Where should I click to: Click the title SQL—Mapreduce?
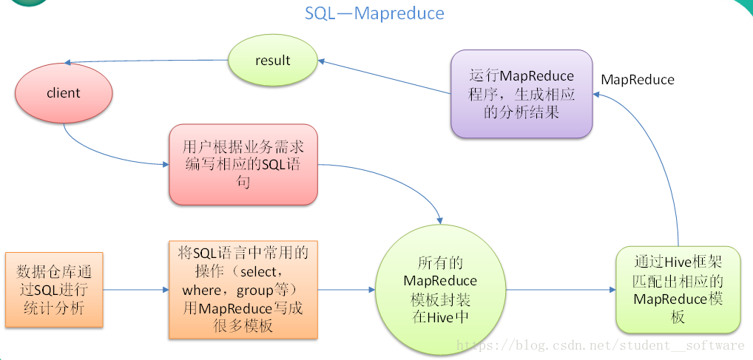tap(374, 13)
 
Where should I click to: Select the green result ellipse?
tap(273, 61)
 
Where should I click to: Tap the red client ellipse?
tap(64, 93)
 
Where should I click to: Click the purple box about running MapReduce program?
tap(521, 94)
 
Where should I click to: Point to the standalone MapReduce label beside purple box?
tap(638, 80)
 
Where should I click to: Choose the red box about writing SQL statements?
tap(243, 165)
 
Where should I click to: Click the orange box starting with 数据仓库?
tap(54, 290)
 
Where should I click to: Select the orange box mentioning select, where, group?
tap(243, 290)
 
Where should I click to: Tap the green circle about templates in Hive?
tap(440, 290)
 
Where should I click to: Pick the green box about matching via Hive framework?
tap(678, 290)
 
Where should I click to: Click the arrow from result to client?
tap(146, 61)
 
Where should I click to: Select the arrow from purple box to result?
tap(384, 77)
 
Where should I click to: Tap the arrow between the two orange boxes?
tap(136, 290)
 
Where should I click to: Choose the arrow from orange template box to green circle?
tap(346, 290)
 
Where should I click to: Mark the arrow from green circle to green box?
tap(561, 290)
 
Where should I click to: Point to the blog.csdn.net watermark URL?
tap(600, 345)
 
